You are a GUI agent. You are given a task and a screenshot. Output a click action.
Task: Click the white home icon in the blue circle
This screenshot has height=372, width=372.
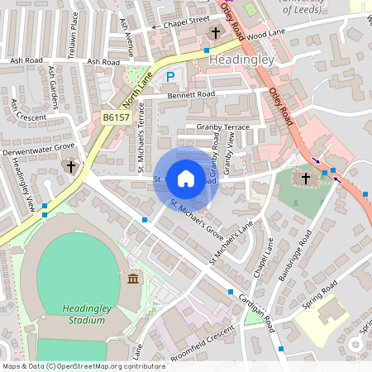(x=186, y=178)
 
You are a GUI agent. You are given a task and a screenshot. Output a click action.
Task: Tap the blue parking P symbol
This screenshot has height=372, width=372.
(x=170, y=77)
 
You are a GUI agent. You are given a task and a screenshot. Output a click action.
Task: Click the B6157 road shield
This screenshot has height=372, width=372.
(x=116, y=118)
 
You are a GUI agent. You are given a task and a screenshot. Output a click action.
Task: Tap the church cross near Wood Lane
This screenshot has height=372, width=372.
(x=217, y=34)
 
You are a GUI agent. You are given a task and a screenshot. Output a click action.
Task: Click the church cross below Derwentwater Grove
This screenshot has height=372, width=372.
(x=71, y=166)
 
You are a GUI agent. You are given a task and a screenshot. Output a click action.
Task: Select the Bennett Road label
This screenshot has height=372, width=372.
(x=191, y=94)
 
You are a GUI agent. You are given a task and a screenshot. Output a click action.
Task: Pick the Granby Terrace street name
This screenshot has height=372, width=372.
(x=222, y=126)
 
